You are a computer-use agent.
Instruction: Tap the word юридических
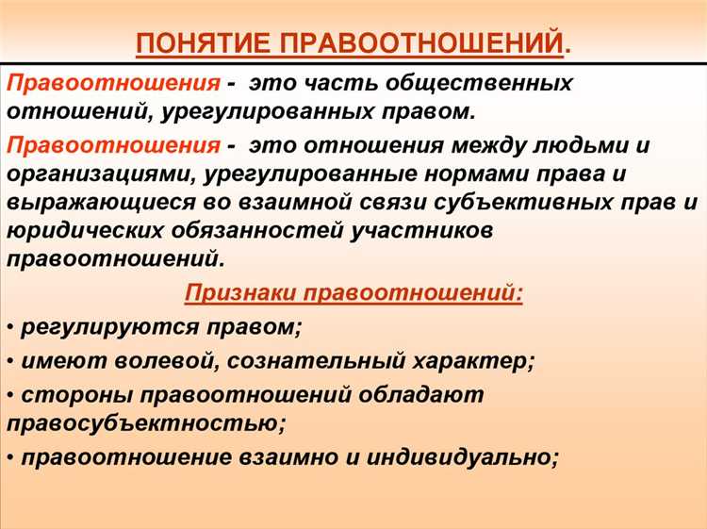(81, 230)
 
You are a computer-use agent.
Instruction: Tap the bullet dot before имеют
(9, 362)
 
